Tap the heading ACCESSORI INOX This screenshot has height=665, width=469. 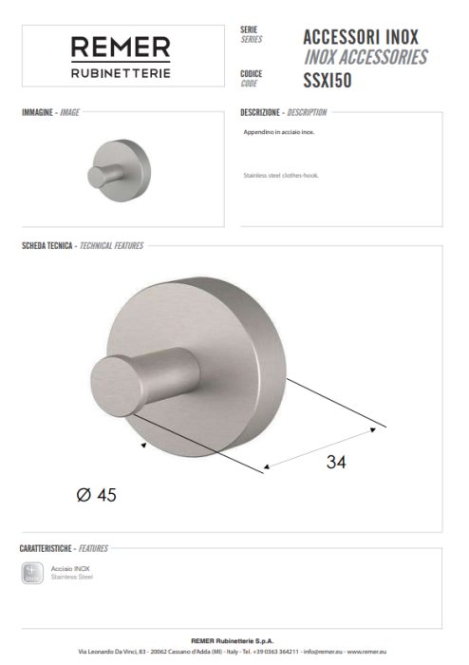[x=361, y=37]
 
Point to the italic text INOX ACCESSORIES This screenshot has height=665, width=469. [x=366, y=57]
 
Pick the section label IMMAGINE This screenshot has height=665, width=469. [x=38, y=112]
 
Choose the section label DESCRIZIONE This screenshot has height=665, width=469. [x=261, y=112]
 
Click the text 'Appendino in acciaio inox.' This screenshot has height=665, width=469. [x=279, y=133]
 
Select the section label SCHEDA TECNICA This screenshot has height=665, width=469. [x=47, y=245]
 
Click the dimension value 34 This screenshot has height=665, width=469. [x=336, y=463]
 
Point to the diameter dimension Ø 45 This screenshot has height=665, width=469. [x=96, y=495]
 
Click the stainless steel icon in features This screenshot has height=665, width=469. [x=31, y=572]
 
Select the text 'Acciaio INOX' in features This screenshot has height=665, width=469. [x=70, y=567]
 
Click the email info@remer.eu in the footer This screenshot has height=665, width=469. [x=319, y=653]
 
